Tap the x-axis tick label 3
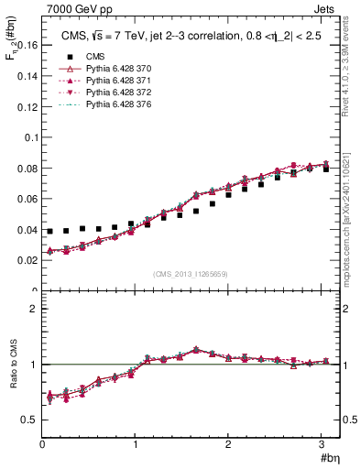click(322, 444)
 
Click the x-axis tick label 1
click(135, 444)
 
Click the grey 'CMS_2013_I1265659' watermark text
click(191, 274)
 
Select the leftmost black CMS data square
click(49, 232)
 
